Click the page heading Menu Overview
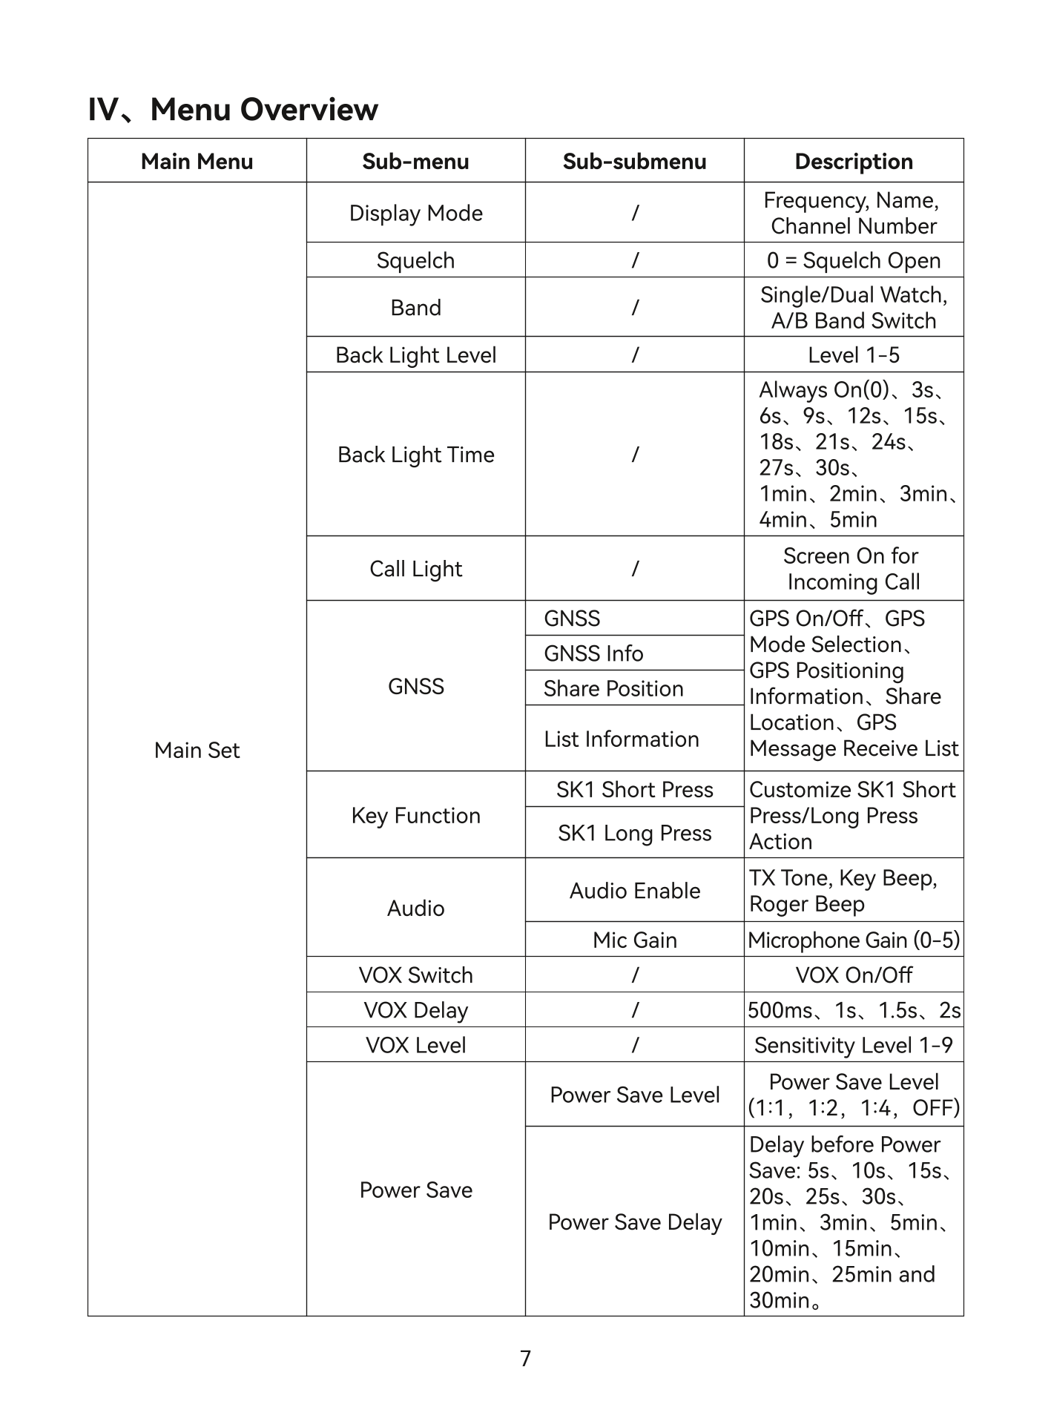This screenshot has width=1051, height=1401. point(233,110)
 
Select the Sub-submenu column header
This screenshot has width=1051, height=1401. point(634,162)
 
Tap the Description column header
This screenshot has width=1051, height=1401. point(854,162)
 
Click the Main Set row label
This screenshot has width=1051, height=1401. point(197,751)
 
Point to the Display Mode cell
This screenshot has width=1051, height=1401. point(415,214)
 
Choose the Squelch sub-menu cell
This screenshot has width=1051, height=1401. point(415,261)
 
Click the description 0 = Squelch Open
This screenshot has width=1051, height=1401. point(854,261)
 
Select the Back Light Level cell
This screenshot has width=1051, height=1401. point(415,355)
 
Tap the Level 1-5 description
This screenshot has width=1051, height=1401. point(854,355)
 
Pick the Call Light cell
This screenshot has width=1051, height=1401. point(415,569)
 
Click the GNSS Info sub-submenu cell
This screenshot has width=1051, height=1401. point(593,653)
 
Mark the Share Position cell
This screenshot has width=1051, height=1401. point(613,689)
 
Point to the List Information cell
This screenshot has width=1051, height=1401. point(622,739)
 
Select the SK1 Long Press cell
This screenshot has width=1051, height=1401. point(634,834)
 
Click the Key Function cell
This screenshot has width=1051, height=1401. point(415,816)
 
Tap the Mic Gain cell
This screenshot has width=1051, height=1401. point(634,940)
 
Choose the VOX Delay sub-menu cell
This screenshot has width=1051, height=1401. point(415,1010)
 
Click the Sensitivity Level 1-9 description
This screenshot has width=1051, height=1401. point(854,1046)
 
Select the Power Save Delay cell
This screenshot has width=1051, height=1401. point(634,1222)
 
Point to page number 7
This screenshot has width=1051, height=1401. point(525,1359)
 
